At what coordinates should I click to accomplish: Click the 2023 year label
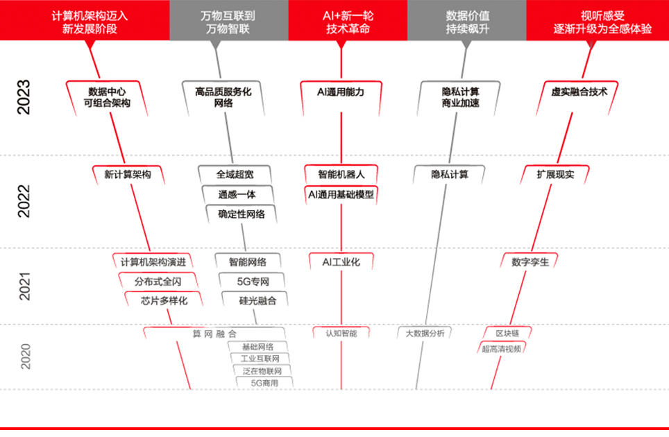point(24,97)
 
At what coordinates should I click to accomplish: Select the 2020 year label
point(25,356)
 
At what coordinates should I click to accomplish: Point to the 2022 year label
point(24,202)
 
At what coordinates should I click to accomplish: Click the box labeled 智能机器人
point(341,174)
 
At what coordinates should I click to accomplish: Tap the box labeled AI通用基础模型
point(341,194)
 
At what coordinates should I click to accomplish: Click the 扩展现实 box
point(555,174)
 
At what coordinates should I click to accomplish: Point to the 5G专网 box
point(253,281)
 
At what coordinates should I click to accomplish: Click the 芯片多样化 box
point(164,300)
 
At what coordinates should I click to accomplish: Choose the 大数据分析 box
point(425,333)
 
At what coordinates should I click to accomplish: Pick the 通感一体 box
point(237,194)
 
